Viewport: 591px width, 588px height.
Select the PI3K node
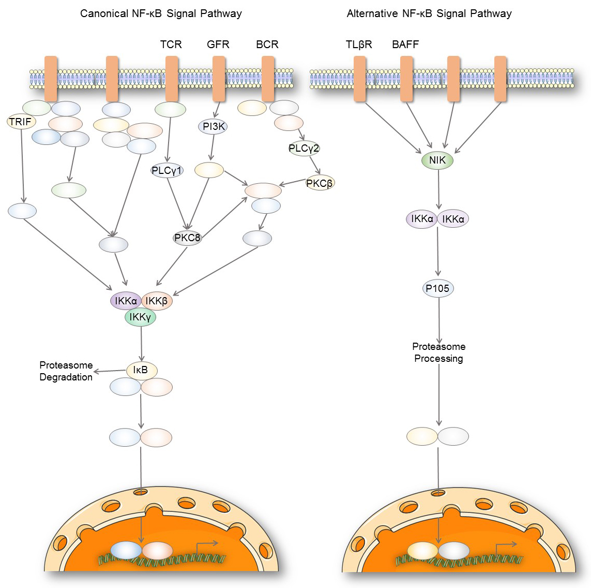(x=214, y=126)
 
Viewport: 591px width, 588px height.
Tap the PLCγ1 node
(x=167, y=170)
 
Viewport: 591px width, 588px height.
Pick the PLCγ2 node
(x=304, y=149)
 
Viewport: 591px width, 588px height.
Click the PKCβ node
(x=320, y=183)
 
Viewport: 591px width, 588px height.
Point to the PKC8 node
(x=187, y=238)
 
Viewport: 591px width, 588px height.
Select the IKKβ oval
(x=157, y=301)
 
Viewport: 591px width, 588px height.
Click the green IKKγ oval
(x=140, y=317)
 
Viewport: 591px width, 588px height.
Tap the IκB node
(x=141, y=370)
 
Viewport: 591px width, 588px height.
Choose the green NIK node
(x=437, y=160)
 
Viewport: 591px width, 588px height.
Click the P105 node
(x=438, y=288)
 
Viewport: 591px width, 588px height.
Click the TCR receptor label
(x=171, y=45)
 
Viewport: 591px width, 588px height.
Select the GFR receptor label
(x=218, y=45)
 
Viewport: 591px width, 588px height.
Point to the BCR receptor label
(x=267, y=45)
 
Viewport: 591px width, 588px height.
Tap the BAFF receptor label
(x=405, y=45)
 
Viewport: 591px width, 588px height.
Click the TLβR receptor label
(x=359, y=45)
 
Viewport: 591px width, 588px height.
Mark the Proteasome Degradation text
(x=66, y=371)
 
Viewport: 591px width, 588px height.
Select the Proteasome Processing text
(x=438, y=352)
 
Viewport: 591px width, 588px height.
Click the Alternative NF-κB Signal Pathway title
(x=429, y=13)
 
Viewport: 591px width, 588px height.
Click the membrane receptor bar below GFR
(x=219, y=79)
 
